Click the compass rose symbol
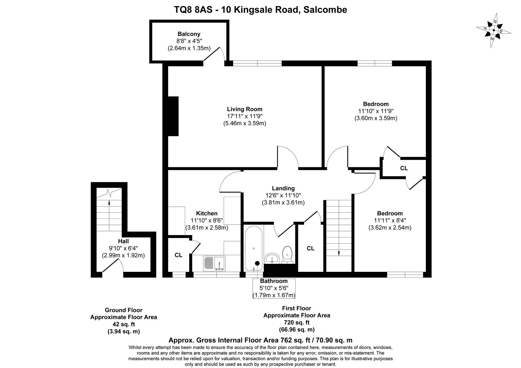tap(494, 30)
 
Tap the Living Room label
tap(244, 109)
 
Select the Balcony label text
tap(189, 34)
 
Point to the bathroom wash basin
tap(272, 258)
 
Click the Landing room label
tap(283, 188)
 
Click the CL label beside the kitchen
tap(178, 255)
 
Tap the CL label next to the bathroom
tap(310, 248)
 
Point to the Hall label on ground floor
tap(123, 241)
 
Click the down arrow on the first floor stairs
tap(339, 253)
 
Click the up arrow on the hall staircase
tap(109, 202)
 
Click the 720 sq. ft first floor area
tap(297, 322)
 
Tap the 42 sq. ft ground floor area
tap(123, 324)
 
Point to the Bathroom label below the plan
tap(274, 281)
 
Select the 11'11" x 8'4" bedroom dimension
tap(390, 220)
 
